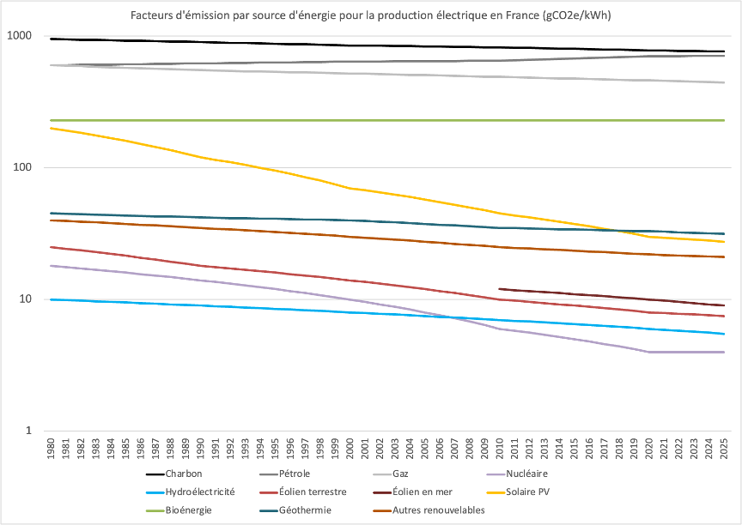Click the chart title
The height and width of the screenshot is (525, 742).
[x=370, y=16]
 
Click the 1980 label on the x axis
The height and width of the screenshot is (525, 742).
[x=53, y=450]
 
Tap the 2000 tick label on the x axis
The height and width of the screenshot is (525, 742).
[x=350, y=450]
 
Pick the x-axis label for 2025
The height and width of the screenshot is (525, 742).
[x=722, y=450]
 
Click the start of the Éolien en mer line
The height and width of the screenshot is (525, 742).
[x=499, y=289]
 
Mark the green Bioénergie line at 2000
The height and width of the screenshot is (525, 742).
[x=350, y=121]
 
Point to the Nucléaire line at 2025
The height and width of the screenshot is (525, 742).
[x=724, y=352]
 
